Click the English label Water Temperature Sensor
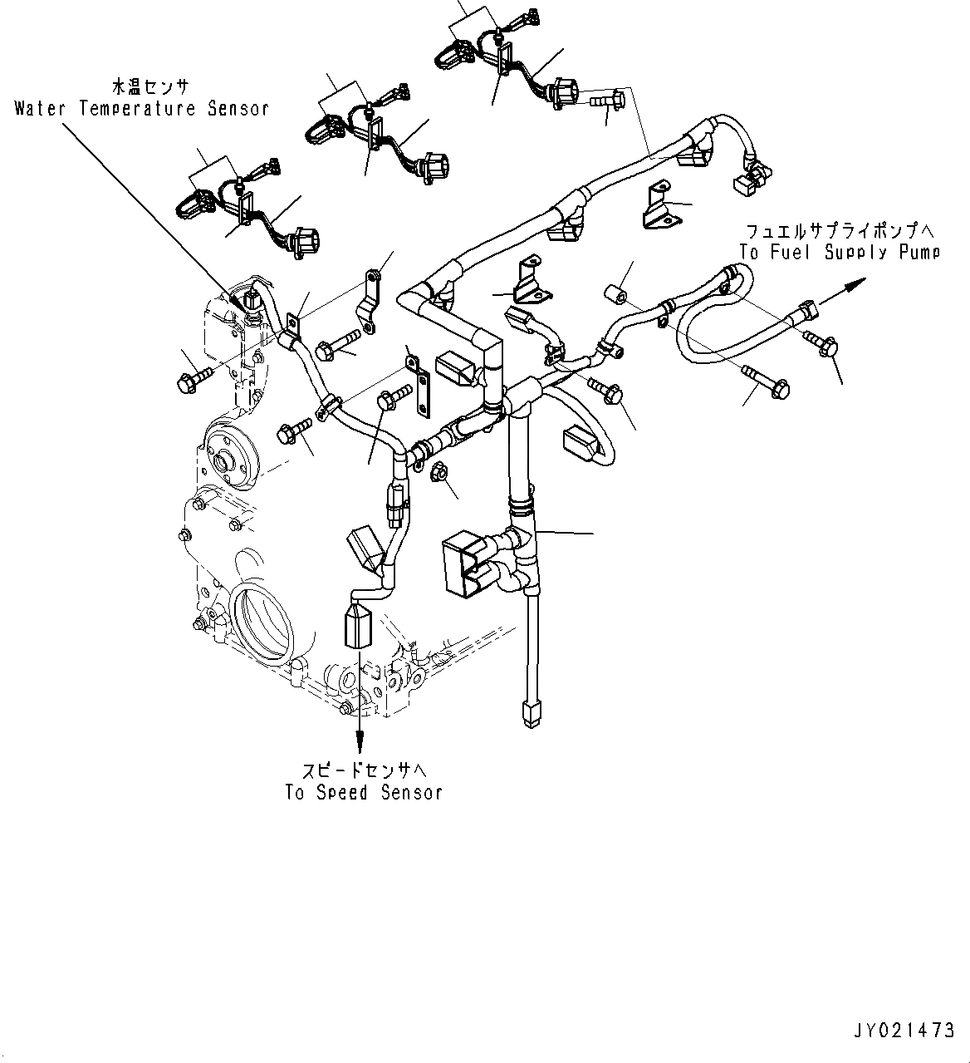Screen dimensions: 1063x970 (141, 109)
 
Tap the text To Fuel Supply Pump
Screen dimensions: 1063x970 (840, 252)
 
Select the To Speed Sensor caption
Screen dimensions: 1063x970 (364, 792)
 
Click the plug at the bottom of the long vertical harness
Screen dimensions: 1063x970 (528, 712)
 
